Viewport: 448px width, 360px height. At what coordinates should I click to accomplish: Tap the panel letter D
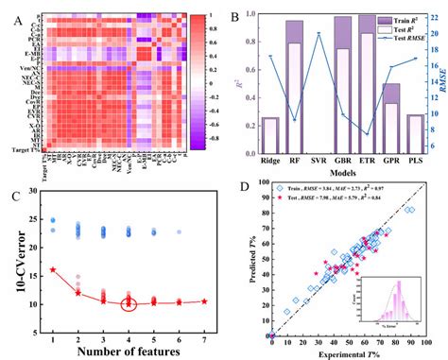pos(248,186)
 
